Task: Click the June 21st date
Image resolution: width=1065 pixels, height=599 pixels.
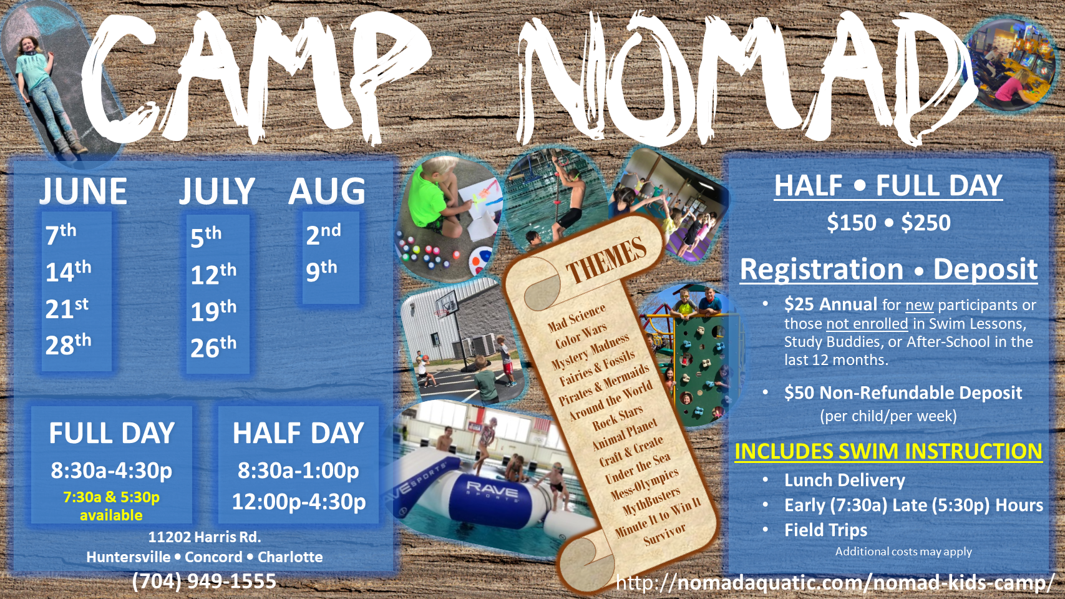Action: tap(67, 308)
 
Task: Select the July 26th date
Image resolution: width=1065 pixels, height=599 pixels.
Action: tap(213, 347)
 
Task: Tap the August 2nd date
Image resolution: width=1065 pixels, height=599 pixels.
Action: tap(323, 234)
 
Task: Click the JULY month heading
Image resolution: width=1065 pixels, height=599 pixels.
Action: tap(217, 191)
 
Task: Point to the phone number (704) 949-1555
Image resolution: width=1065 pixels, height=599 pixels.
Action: tap(204, 581)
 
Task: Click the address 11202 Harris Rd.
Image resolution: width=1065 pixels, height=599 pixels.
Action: tap(205, 537)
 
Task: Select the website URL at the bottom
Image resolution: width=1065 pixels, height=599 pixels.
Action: tap(835, 583)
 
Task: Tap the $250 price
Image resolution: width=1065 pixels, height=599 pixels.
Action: tap(926, 223)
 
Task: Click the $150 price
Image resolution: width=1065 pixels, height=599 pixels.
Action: tap(852, 223)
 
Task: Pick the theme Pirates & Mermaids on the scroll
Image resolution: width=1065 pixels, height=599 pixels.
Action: tap(604, 384)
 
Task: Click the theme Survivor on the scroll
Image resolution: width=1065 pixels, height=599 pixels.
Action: tap(664, 534)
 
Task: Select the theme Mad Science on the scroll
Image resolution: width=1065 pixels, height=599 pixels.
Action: tap(576, 318)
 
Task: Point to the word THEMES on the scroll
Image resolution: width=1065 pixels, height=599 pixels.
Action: tap(606, 261)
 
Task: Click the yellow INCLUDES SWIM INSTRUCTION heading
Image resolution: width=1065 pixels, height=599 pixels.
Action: tap(888, 451)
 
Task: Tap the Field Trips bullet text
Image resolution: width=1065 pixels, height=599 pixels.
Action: tap(826, 530)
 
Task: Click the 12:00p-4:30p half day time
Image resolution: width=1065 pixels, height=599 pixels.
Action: tap(299, 502)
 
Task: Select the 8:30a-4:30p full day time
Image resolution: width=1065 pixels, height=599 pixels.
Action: tap(111, 470)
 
